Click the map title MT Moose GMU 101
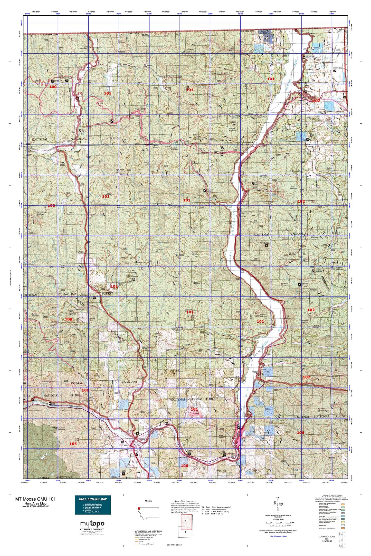35,499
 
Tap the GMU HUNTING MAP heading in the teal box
93,499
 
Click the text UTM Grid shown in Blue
278,536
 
